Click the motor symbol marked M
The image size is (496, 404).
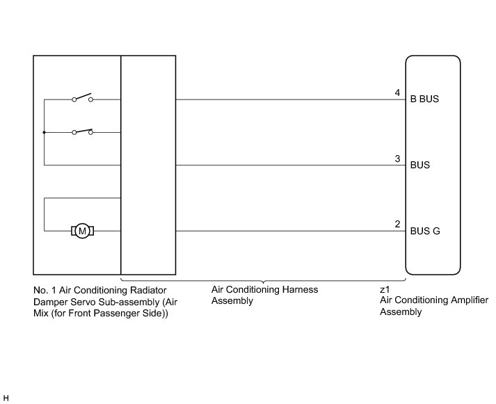82,230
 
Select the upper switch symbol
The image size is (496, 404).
82,98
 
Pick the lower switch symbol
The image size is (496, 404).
82,131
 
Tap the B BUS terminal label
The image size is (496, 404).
424,99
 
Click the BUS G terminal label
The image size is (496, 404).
424,231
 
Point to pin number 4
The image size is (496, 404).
397,92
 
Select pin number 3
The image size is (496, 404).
397,159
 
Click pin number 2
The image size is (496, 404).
397,224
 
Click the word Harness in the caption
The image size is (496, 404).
295,289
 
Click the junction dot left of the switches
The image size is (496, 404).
44,132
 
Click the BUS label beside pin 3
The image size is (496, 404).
419,165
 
